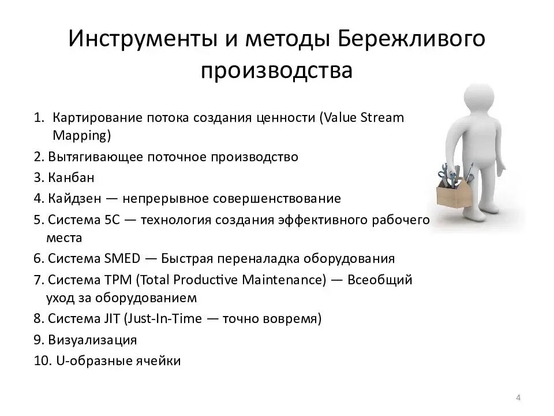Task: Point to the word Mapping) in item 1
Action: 81,136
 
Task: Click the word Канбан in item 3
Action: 71,177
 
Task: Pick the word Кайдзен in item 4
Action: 75,199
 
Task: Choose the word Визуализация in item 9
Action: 92,340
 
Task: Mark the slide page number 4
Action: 518,397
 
